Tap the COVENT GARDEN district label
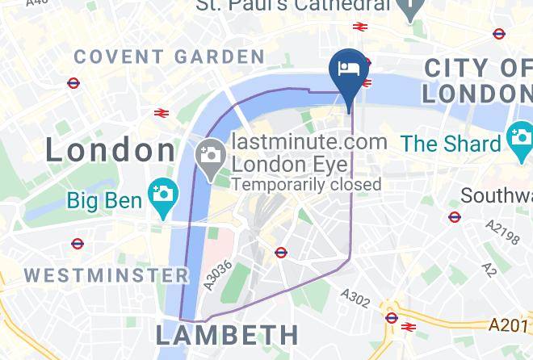click(169, 57)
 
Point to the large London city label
click(110, 150)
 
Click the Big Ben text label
click(104, 199)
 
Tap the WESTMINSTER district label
click(107, 275)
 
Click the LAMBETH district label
click(227, 334)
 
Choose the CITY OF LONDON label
click(477, 80)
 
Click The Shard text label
click(451, 144)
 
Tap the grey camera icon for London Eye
click(211, 153)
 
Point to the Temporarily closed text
click(306, 184)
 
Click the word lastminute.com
click(309, 142)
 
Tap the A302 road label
click(355, 299)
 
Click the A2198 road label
click(501, 235)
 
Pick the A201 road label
click(510, 324)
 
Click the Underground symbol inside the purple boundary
click(281, 253)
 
